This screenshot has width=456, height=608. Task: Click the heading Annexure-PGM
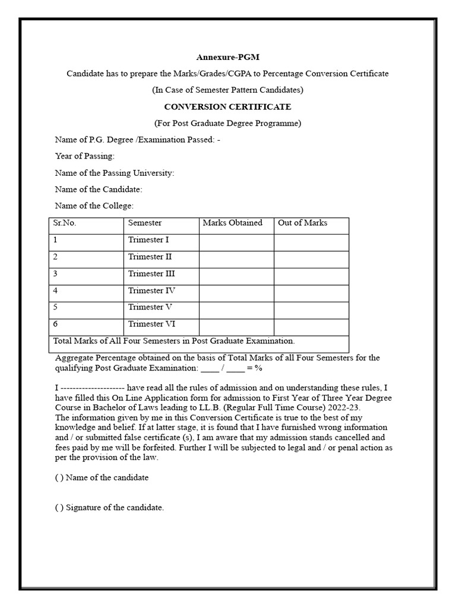pyautogui.click(x=228, y=57)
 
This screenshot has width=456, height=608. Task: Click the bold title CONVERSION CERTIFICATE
pyautogui.click(x=228, y=107)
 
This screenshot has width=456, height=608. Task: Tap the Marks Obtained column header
pyautogui.click(x=232, y=223)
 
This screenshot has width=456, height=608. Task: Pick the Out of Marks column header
pyautogui.click(x=302, y=223)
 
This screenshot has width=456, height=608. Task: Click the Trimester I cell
pyautogui.click(x=148, y=240)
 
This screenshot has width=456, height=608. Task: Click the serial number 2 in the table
pyautogui.click(x=55, y=257)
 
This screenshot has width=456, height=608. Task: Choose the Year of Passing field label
pyautogui.click(x=84, y=156)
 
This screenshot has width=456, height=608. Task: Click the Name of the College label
pyautogui.click(x=94, y=206)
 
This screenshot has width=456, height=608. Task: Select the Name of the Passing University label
pyautogui.click(x=114, y=173)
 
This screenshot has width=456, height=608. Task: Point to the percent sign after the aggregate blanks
pyautogui.click(x=258, y=368)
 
